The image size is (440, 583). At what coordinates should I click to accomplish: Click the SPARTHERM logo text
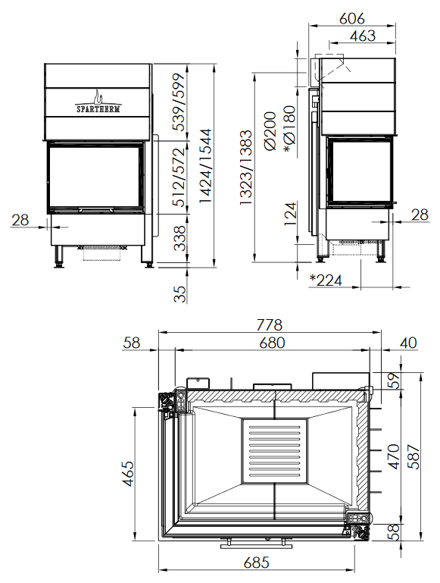[x=98, y=109]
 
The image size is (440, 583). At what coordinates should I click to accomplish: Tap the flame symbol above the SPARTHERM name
[x=98, y=97]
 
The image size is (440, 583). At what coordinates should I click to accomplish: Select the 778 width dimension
[x=270, y=324]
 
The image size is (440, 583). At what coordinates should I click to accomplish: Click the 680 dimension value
[x=272, y=343]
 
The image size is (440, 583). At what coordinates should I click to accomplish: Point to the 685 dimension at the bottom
[x=256, y=563]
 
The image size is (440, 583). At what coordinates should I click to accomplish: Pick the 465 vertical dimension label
[x=129, y=473]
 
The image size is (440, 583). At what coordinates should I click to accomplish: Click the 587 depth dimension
[x=413, y=456]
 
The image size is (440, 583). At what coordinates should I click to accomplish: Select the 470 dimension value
[x=393, y=456]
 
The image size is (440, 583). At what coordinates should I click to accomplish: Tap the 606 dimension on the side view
[x=352, y=18]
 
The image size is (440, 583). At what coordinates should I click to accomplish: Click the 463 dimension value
[x=363, y=36]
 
